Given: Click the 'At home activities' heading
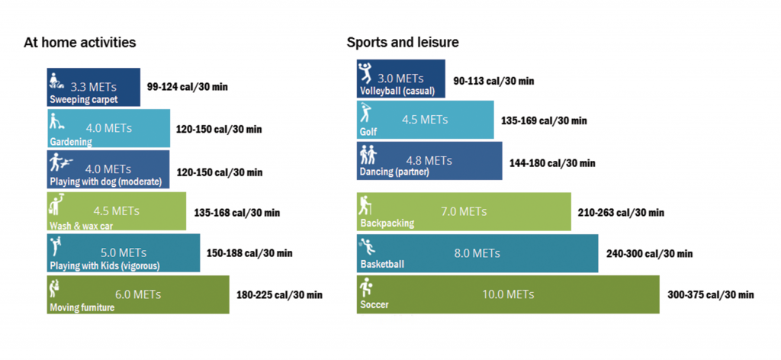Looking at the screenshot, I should (x=80, y=43).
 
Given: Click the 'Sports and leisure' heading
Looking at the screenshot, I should (x=403, y=43).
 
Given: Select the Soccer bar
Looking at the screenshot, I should (x=507, y=294).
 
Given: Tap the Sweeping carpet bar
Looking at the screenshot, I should (x=94, y=87).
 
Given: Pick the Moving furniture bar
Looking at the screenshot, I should (x=137, y=294).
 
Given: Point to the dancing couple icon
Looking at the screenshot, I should (x=368, y=156).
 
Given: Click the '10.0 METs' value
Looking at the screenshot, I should (x=508, y=294).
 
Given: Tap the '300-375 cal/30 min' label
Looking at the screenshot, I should (x=711, y=295).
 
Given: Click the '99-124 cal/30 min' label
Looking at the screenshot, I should (x=188, y=87).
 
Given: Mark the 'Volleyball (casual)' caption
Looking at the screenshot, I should (x=397, y=92).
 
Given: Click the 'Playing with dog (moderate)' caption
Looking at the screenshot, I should (x=106, y=182).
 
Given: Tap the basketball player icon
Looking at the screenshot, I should (x=368, y=246).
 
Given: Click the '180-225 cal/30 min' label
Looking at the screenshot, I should (x=279, y=295).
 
